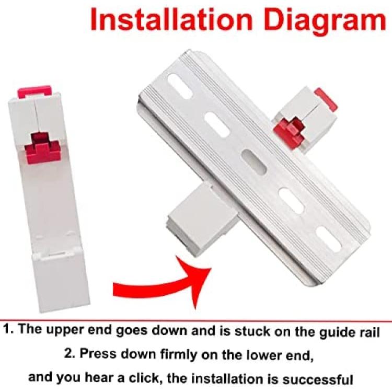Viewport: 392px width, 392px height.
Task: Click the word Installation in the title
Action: coord(172,20)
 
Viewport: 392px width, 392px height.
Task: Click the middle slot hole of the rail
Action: coord(253,163)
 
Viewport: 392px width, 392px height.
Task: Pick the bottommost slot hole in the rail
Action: coord(328,239)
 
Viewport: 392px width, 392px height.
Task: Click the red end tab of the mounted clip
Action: coord(326,99)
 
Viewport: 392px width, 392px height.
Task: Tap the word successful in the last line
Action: coord(318,379)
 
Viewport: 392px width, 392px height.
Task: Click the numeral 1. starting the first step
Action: coord(9,329)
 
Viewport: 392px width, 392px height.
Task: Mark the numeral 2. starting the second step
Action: coord(70,353)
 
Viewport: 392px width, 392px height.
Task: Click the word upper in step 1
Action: coord(64,330)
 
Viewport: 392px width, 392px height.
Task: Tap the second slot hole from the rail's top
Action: coord(217,124)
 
